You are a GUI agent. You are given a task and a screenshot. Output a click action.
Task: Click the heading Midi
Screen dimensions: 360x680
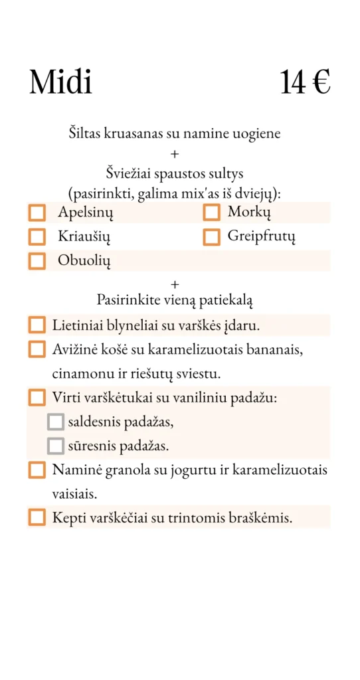coord(60,82)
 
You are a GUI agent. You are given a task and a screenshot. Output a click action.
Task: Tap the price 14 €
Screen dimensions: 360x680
coord(305,82)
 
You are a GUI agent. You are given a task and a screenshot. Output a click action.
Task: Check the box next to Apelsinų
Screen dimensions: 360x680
coord(37,213)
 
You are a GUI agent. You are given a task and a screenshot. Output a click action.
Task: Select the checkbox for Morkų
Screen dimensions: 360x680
coord(211,212)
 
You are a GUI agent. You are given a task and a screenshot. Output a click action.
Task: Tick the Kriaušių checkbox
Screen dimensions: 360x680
coord(37,236)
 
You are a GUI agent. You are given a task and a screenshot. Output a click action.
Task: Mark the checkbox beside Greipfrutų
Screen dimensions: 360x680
coord(211,236)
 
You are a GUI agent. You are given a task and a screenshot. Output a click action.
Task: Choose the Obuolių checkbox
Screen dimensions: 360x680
coord(37,261)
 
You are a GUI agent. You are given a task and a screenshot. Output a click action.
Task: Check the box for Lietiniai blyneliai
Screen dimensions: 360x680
coord(37,325)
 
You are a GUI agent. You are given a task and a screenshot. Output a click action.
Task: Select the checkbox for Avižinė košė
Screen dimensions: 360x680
coord(37,349)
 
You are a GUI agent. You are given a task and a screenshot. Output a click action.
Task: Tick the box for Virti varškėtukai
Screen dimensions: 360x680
coord(37,398)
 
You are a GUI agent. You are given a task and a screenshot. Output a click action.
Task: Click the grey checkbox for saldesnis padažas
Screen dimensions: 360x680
coord(56,422)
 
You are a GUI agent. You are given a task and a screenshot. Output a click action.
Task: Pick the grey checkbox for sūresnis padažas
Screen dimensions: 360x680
coord(56,446)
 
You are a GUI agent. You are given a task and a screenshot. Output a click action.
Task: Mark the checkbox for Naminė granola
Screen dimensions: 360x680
coord(37,470)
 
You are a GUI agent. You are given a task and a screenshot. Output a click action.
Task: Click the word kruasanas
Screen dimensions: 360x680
coord(130,133)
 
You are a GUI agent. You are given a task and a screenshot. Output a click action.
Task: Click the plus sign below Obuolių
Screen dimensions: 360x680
coord(175,284)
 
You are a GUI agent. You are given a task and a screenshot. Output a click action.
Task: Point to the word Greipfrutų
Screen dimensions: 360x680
coord(261,236)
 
